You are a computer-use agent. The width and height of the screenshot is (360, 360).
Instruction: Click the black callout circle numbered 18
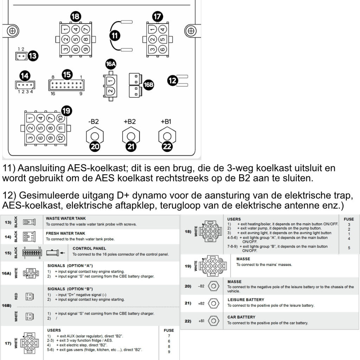76,16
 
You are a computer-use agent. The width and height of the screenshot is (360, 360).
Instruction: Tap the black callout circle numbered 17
158,16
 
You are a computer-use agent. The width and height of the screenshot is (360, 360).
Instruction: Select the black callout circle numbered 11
115,35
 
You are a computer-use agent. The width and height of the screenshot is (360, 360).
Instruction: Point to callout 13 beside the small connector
33,56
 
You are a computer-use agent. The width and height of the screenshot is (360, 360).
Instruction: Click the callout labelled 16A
111,64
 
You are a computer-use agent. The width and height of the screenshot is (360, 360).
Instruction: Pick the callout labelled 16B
149,84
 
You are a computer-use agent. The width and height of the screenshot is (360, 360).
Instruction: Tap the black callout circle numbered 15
67,75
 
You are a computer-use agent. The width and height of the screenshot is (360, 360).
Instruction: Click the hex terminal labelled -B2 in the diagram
95,136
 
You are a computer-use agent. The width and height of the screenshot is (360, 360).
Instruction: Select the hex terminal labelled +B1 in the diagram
167,136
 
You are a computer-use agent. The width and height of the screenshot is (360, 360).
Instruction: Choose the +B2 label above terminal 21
130,122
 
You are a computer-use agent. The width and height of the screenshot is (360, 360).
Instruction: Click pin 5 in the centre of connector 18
76,39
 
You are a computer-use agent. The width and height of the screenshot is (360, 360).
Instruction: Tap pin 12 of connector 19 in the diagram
60,138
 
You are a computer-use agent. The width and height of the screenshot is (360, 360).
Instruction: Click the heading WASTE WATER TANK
66,218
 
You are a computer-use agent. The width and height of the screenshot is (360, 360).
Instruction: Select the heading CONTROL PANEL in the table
89,248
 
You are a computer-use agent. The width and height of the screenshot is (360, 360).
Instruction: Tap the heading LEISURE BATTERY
246,300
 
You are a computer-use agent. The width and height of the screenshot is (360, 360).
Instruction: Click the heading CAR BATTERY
241,317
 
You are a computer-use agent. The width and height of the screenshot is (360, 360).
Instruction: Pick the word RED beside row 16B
16,296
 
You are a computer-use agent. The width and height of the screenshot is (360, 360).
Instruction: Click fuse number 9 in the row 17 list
169,352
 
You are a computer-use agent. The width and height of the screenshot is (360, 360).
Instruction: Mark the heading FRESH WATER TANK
65,233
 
